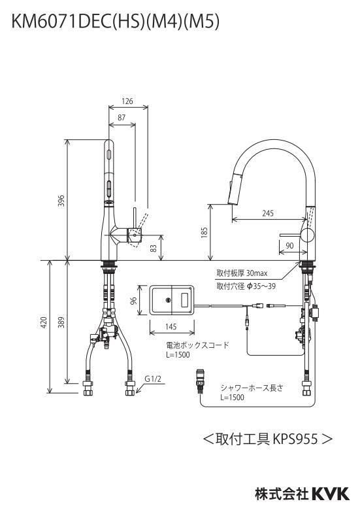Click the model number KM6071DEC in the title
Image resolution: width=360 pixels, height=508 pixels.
click(x=59, y=22)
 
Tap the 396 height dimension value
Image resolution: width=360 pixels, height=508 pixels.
click(x=61, y=201)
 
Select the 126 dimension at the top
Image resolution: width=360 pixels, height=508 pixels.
click(x=127, y=101)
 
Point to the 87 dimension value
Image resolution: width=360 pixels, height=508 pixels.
click(x=122, y=117)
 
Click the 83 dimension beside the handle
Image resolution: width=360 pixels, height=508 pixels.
click(x=154, y=248)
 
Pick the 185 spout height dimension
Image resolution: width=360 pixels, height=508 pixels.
click(x=204, y=233)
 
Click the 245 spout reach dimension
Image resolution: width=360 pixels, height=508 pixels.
click(x=268, y=213)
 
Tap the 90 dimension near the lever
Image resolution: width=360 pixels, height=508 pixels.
click(x=289, y=245)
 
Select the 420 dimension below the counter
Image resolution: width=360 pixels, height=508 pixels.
click(x=44, y=322)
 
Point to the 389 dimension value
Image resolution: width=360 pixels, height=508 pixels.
click(x=61, y=322)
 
